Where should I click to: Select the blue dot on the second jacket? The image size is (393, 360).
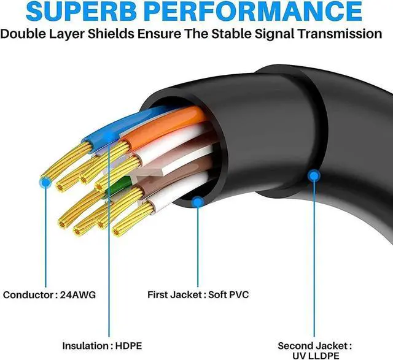coord(314,176)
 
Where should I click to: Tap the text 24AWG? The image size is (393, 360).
coord(74,294)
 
